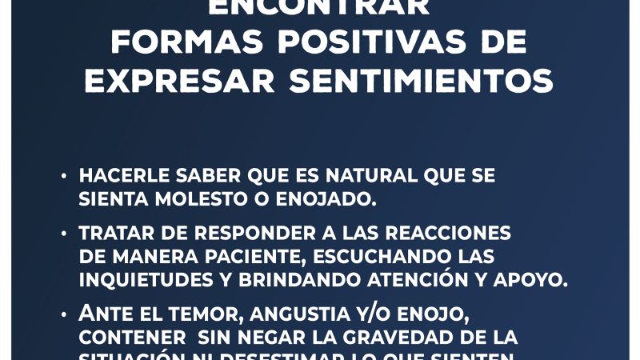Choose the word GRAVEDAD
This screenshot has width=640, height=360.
click(x=405, y=336)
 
